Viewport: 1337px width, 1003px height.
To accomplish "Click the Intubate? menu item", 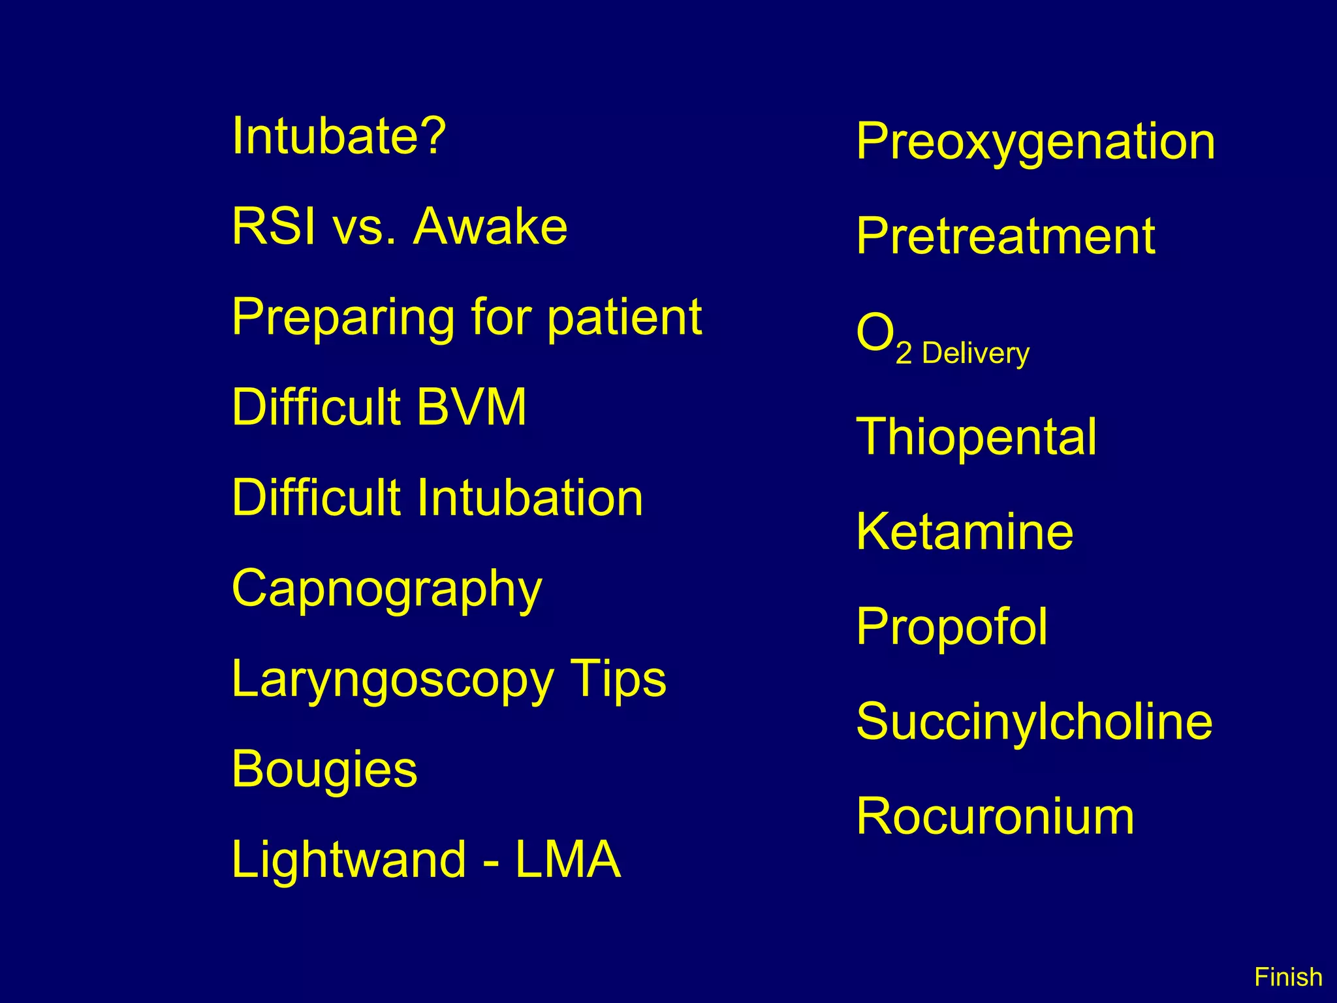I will tap(339, 136).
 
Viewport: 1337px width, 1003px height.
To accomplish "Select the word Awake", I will tap(490, 227).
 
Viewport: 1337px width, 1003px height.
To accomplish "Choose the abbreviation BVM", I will tap(471, 407).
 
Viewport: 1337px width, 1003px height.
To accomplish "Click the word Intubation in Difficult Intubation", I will tap(529, 498).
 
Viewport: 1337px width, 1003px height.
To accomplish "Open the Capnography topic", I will tap(387, 590).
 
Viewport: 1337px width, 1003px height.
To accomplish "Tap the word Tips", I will tap(618, 680).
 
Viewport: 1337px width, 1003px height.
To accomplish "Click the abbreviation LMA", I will tap(567, 860).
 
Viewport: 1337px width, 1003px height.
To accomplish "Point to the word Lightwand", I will tap(349, 860).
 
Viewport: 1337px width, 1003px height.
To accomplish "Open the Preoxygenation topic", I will tap(1035, 142).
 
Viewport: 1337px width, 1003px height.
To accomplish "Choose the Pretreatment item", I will tap(1005, 236).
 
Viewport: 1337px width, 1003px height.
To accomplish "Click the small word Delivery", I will tap(975, 354).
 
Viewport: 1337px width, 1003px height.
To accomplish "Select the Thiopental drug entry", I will tap(976, 437).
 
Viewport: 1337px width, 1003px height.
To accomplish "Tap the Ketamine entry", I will tap(964, 532).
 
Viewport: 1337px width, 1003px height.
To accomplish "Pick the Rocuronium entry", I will tap(995, 816).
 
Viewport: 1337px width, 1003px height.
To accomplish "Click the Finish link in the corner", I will tap(1288, 978).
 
